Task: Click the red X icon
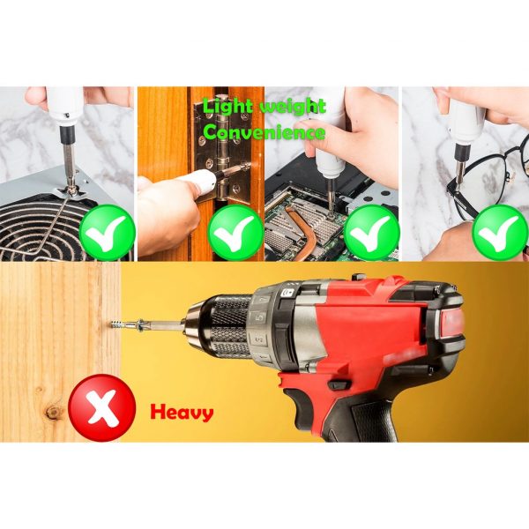click(x=102, y=407)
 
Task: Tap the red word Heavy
click(x=182, y=413)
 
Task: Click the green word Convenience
click(x=264, y=132)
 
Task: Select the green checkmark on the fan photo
click(x=108, y=232)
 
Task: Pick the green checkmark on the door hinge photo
click(x=235, y=233)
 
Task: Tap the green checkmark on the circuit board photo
click(x=372, y=233)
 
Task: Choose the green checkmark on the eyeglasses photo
click(x=500, y=233)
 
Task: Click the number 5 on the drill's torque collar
click(x=260, y=317)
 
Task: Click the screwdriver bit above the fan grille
click(x=70, y=168)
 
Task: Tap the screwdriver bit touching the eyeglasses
click(x=458, y=169)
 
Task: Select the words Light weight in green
click(x=264, y=107)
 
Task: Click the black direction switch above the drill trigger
click(x=339, y=385)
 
